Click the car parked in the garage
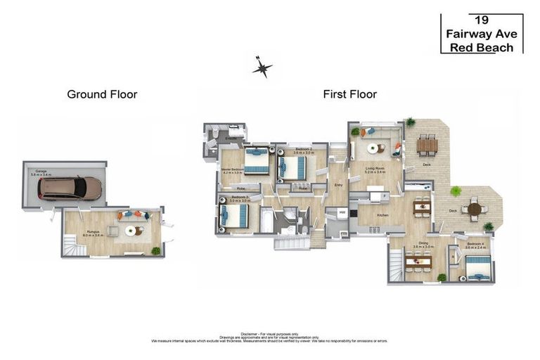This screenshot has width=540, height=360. pos(70,188)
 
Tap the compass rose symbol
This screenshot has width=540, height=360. pos(262,67)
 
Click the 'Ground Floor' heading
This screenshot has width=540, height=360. pos(102,94)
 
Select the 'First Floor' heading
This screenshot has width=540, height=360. pos(350,94)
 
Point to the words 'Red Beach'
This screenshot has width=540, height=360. pos(482,47)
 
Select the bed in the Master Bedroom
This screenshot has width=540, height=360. pos(255,162)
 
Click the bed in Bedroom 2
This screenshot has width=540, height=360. pos(293,167)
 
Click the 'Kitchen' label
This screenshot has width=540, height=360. pos(382,215)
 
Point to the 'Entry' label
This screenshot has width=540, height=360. pos(338,186)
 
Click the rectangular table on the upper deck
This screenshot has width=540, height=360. pos(427,146)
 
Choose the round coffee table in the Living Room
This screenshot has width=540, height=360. pos(380,148)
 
